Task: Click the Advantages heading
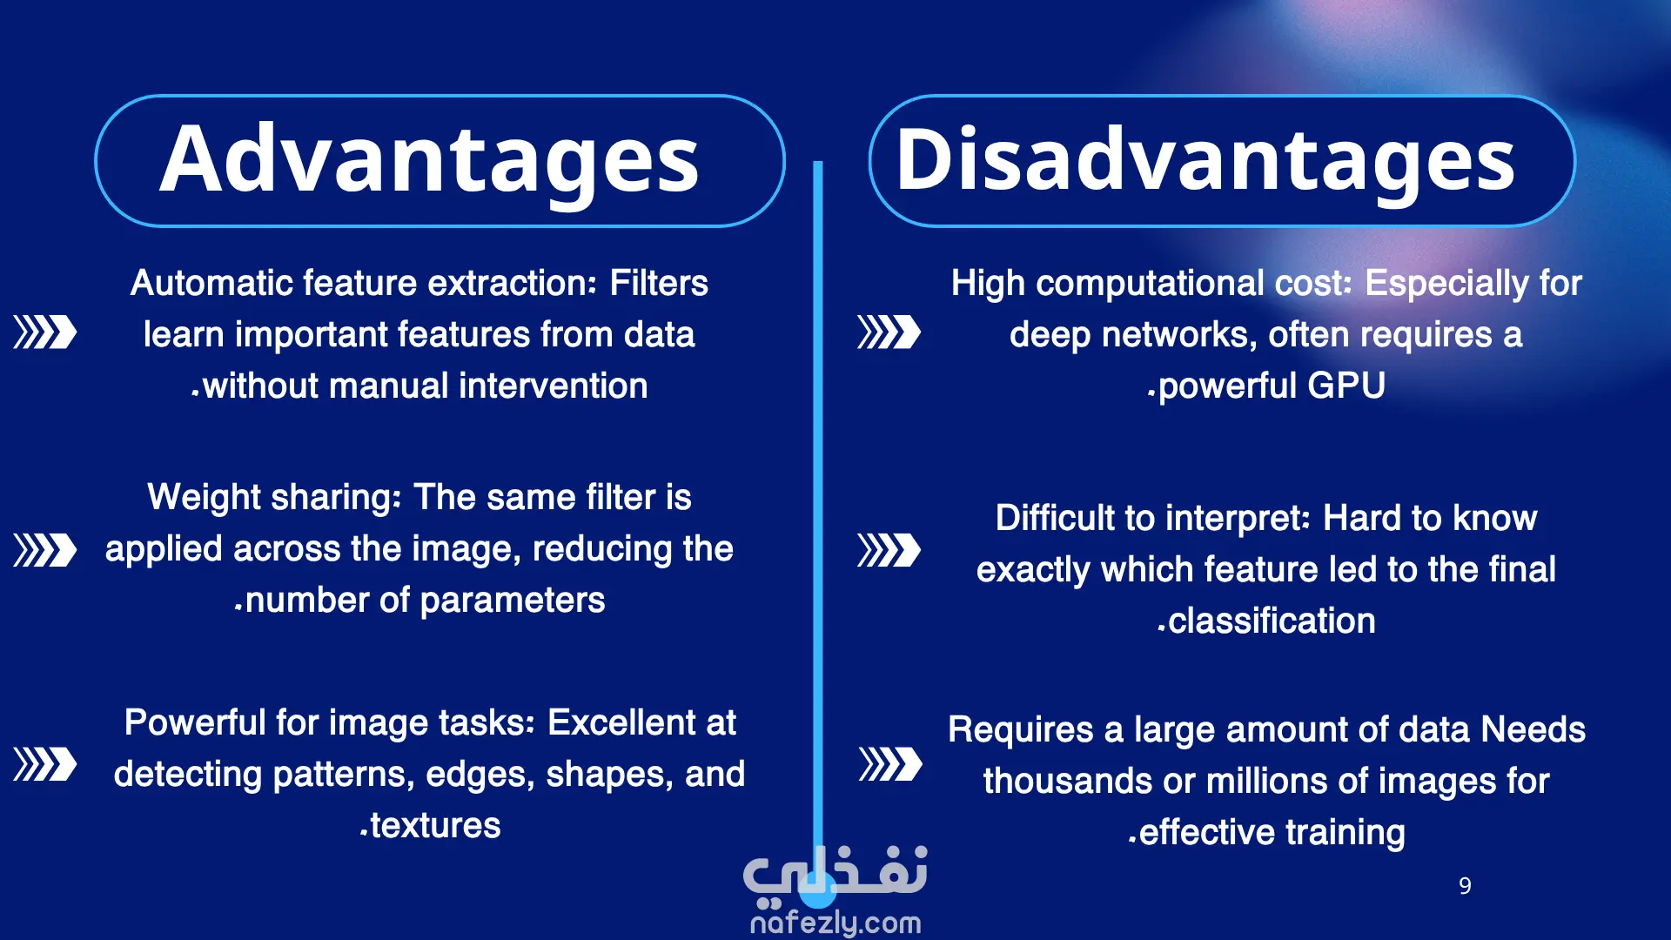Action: (430, 159)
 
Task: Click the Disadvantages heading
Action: (1205, 159)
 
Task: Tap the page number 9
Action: (1465, 886)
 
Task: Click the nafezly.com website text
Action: (835, 923)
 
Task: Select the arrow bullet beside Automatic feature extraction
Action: (45, 332)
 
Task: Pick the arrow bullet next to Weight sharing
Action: (45, 550)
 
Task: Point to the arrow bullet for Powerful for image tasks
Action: (45, 764)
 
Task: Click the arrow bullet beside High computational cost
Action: (889, 332)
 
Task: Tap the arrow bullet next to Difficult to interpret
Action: (889, 550)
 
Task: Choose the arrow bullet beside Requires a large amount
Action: (890, 764)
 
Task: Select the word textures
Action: (435, 825)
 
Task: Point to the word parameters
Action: (513, 601)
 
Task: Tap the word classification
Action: (1272, 621)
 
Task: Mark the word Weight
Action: (205, 498)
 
